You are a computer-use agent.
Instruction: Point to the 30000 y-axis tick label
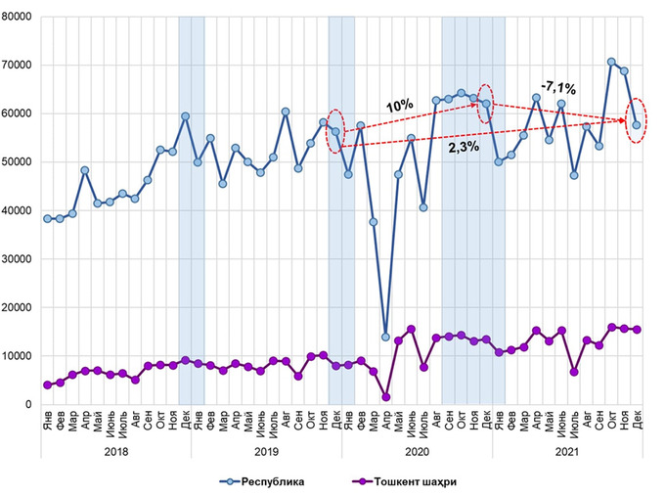(x=19, y=259)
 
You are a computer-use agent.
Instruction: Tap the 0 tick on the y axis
(x=31, y=404)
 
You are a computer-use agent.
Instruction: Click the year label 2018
(x=115, y=452)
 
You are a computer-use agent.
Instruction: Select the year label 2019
(x=266, y=452)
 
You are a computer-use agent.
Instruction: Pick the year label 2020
(x=417, y=452)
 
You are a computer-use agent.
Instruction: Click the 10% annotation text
(x=398, y=106)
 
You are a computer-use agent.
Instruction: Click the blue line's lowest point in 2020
(x=385, y=338)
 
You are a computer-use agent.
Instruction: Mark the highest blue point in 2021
(x=611, y=62)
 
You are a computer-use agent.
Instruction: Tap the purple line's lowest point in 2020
(x=385, y=397)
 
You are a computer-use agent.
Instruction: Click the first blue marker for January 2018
(x=47, y=218)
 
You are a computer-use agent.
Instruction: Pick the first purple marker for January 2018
(x=47, y=384)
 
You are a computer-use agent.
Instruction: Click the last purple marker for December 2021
(x=637, y=330)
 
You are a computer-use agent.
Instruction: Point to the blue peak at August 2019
(x=286, y=112)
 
